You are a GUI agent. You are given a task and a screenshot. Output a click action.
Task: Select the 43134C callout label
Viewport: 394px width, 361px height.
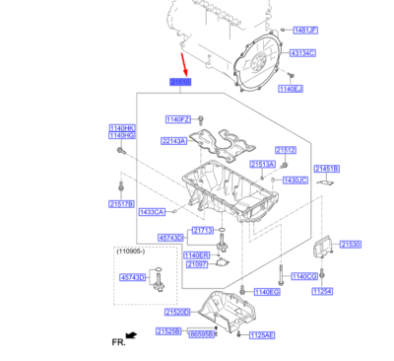301,52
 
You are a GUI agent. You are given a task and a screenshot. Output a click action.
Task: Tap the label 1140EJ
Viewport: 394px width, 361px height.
290,89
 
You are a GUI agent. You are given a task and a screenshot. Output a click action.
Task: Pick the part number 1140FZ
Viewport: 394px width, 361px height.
178,118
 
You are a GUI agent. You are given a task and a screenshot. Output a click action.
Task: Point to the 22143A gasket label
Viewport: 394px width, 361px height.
174,141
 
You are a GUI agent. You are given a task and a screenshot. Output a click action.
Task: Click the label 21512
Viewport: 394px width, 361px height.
286,149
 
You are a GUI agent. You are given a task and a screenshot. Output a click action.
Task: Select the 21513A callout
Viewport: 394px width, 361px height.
262,164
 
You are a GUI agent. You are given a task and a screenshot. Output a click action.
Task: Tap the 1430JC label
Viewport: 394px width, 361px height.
295,180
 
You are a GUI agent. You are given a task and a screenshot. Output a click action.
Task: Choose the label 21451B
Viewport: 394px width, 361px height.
326,169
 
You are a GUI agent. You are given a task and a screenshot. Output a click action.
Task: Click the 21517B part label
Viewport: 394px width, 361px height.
121,205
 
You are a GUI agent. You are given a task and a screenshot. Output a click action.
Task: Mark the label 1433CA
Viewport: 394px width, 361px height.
152,212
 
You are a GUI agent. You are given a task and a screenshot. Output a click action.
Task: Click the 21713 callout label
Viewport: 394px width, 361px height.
203,230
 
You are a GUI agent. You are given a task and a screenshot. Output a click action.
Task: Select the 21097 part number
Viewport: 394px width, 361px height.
197,264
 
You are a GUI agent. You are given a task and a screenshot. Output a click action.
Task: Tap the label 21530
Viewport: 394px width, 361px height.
351,244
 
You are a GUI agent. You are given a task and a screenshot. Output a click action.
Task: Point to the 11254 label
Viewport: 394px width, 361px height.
351,291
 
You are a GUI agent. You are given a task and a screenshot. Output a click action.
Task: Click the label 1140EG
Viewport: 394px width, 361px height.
267,292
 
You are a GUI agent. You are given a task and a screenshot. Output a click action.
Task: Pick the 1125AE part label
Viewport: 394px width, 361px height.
262,334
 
